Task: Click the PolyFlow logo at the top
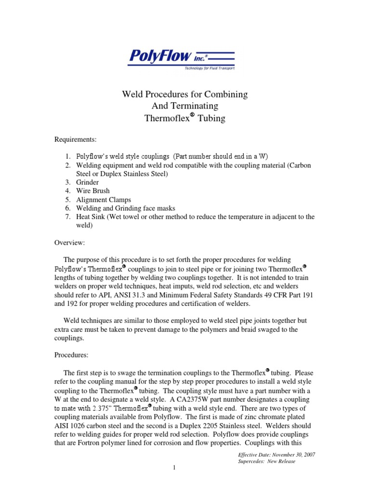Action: pos(181,58)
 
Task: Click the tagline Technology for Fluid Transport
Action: pos(210,69)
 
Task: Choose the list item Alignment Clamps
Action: pos(104,200)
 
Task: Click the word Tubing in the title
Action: pos(212,118)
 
